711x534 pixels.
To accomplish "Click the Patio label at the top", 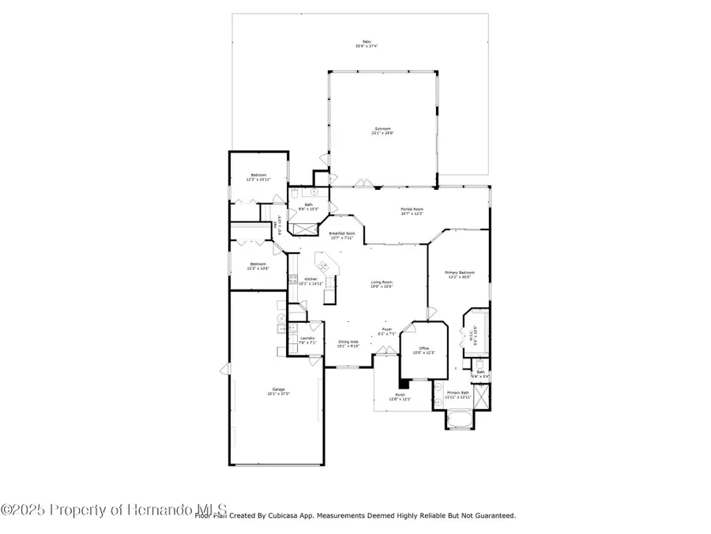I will (x=366, y=42).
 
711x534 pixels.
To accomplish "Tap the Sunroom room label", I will (x=382, y=129).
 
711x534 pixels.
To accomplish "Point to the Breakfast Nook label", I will (x=342, y=233).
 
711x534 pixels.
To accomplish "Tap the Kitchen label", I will (x=311, y=279).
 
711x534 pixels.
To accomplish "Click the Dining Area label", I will (x=348, y=342).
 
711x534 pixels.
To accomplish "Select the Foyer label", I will (x=387, y=329).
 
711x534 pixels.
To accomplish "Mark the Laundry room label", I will (x=307, y=339).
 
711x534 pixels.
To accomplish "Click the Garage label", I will (x=278, y=389).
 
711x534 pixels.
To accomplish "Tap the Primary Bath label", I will (x=458, y=392).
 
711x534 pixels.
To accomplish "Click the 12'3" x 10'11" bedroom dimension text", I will (x=258, y=180).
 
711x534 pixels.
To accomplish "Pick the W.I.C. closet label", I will (x=472, y=335).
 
